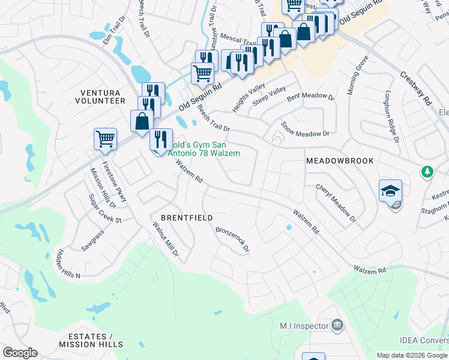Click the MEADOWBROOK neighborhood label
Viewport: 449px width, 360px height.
pyautogui.click(x=340, y=161)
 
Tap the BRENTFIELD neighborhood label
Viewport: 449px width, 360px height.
pyautogui.click(x=187, y=217)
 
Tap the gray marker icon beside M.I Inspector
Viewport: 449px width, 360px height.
pyautogui.click(x=337, y=326)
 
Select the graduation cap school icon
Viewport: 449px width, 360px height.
pyautogui.click(x=390, y=191)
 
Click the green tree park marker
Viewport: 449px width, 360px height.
pyautogui.click(x=427, y=172)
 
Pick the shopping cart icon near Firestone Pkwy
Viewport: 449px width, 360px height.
pyautogui.click(x=105, y=139)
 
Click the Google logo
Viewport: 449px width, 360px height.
pyautogui.click(x=20, y=353)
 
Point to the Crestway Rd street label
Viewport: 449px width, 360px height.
pyautogui.click(x=416, y=89)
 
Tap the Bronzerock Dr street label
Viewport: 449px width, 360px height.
pyautogui.click(x=232, y=239)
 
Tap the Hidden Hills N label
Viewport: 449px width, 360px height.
pyautogui.click(x=69, y=262)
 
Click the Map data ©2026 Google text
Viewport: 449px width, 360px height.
pyautogui.click(x=412, y=355)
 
